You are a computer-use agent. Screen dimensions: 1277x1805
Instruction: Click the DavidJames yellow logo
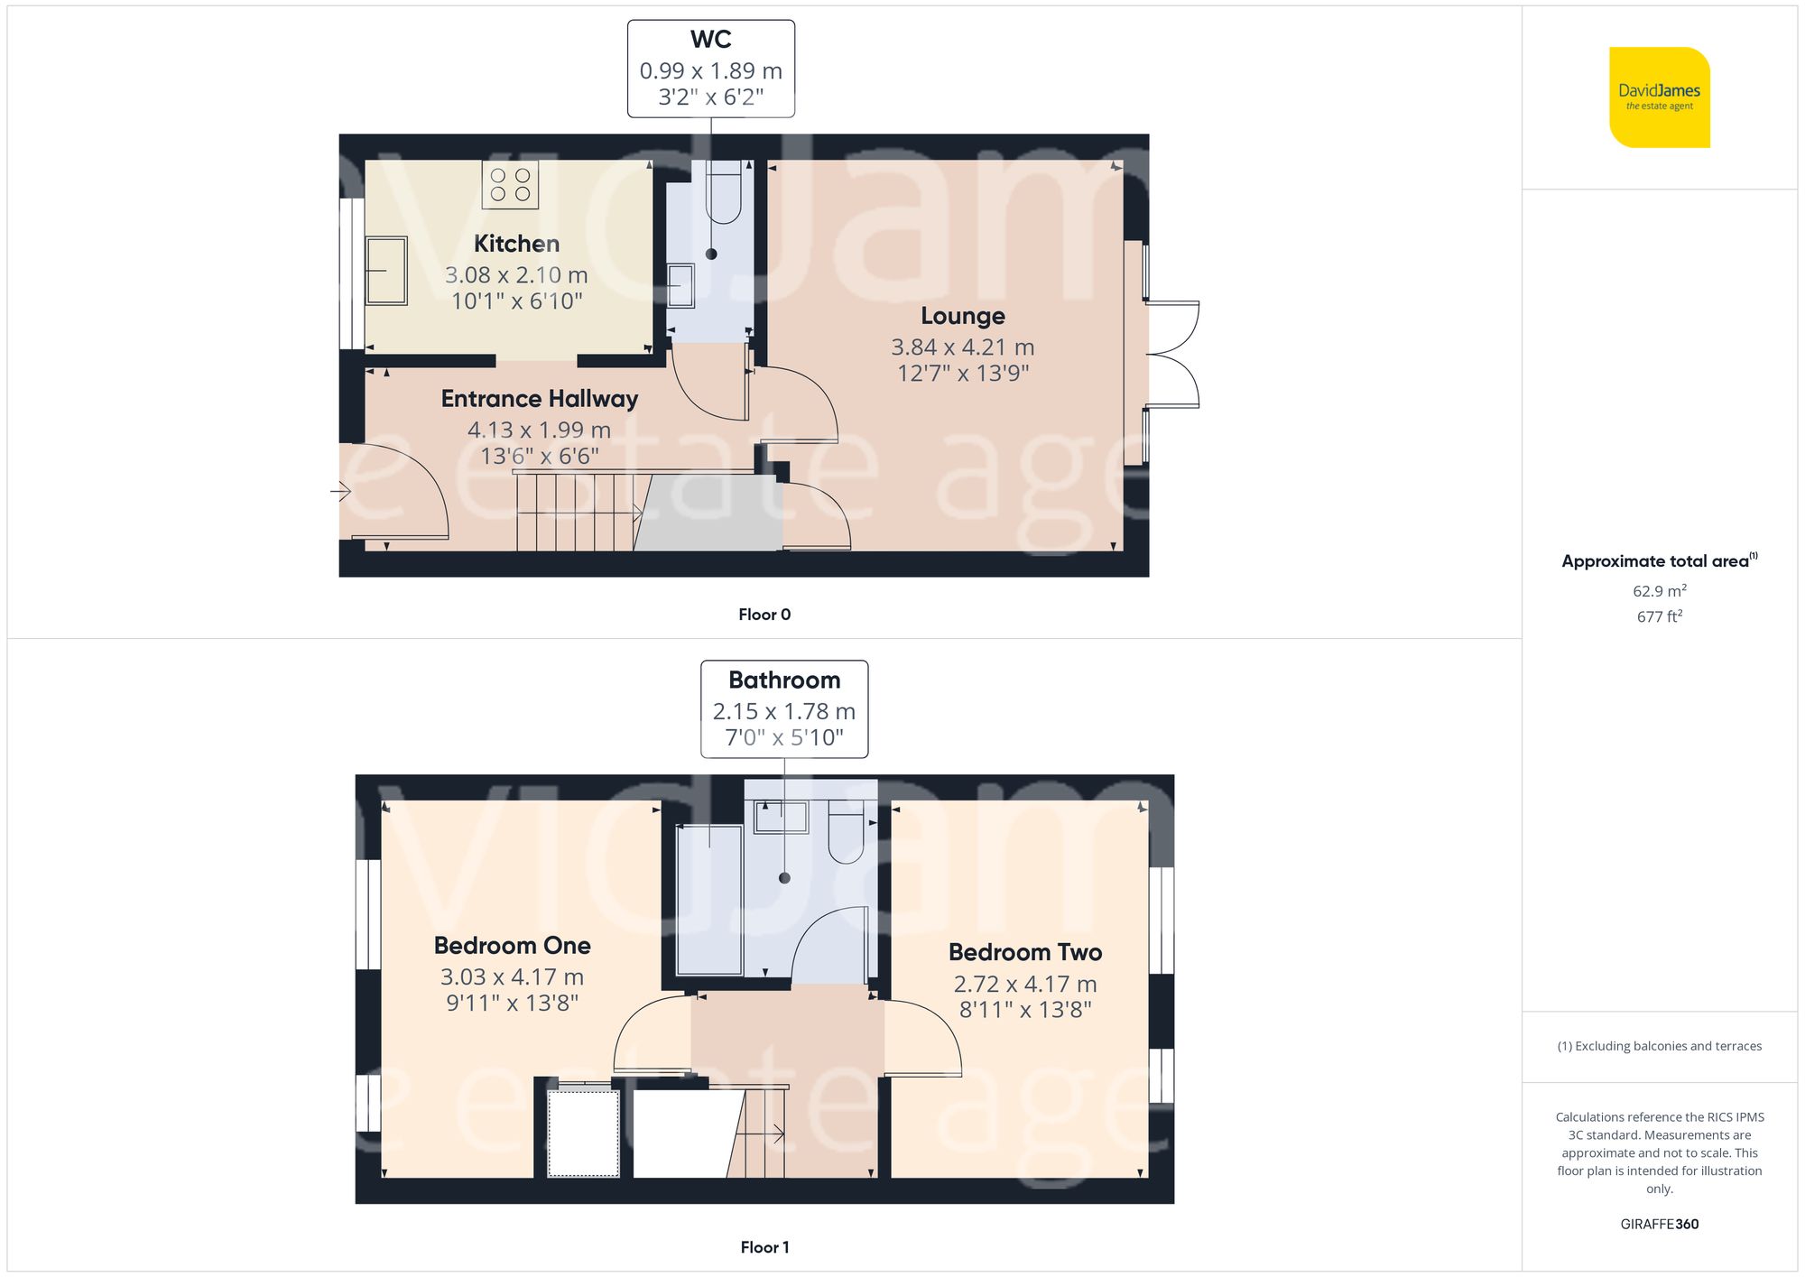(1659, 97)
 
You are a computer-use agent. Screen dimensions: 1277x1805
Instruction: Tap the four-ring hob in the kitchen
(510, 185)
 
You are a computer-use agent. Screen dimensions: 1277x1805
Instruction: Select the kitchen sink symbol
(386, 271)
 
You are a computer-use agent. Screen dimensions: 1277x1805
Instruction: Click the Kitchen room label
(516, 244)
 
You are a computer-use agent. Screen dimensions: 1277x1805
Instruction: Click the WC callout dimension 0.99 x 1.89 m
(710, 70)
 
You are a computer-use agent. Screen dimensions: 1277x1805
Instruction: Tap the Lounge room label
(962, 316)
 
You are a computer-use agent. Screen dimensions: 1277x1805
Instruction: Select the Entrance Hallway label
(539, 399)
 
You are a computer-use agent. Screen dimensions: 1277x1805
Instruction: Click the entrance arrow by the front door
(340, 492)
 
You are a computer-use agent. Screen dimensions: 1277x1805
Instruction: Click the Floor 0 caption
(764, 615)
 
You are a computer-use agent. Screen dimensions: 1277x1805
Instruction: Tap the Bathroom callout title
(783, 680)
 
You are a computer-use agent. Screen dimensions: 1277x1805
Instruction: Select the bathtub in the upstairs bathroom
(709, 899)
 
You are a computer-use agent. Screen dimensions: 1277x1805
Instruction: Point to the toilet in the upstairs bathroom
(847, 837)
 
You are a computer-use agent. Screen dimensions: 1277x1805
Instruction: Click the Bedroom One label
(512, 946)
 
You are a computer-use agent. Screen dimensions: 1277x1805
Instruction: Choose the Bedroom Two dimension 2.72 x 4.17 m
(1024, 985)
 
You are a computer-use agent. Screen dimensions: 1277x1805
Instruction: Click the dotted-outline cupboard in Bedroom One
(583, 1133)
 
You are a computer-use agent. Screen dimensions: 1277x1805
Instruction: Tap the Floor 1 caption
(764, 1247)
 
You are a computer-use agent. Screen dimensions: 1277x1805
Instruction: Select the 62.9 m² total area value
(1659, 591)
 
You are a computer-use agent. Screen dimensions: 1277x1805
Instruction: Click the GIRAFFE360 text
(1659, 1225)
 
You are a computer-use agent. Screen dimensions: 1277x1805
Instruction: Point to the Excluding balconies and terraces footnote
(1659, 1046)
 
